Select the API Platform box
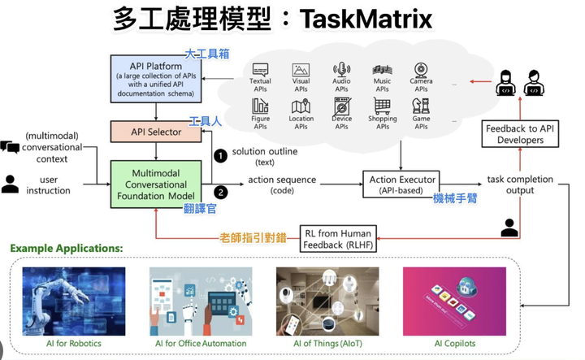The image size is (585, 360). click(x=154, y=77)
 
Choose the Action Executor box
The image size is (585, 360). click(x=403, y=184)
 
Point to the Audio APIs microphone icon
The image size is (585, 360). click(x=342, y=71)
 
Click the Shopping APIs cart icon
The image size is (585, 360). click(x=382, y=106)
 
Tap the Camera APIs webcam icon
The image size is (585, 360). click(x=421, y=71)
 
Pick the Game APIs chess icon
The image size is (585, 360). click(x=421, y=106)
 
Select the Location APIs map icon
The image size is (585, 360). click(x=301, y=106)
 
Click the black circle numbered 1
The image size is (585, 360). click(x=219, y=154)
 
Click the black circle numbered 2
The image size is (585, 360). click(x=219, y=191)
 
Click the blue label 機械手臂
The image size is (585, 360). click(x=457, y=198)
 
